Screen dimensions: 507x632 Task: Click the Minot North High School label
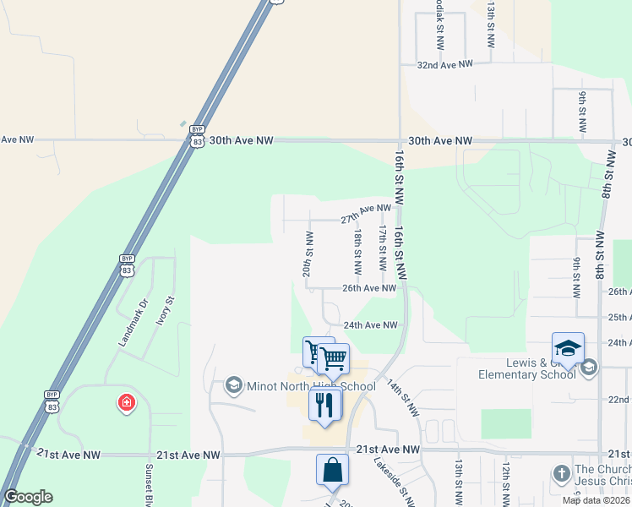311,387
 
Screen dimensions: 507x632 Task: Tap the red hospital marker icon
127,402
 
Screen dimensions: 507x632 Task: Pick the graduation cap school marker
568,349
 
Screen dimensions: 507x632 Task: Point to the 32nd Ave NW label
444,64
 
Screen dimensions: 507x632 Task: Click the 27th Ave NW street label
366,213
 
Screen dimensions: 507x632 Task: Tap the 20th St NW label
309,254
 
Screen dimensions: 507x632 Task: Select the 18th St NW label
358,252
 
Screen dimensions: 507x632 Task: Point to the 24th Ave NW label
370,324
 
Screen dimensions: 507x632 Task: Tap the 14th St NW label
402,397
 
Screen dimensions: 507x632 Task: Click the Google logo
28,497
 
